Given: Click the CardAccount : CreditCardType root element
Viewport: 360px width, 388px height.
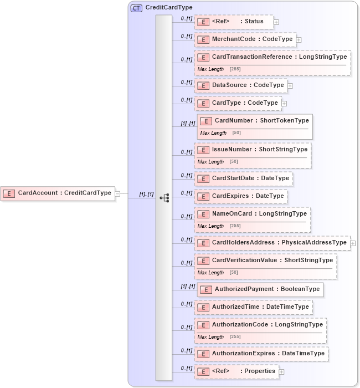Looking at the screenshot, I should coord(58,193).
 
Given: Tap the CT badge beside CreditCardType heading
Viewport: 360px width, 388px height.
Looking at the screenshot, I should coord(136,8).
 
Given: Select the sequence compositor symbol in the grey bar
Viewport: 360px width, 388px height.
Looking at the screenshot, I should coord(164,197).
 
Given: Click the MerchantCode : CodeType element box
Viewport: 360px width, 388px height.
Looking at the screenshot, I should coord(245,39).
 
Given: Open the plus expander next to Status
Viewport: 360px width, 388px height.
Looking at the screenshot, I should coord(276,22).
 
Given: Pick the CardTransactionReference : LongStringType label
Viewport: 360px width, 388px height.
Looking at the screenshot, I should coord(279,57).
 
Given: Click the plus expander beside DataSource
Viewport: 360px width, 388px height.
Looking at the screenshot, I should coord(290,86).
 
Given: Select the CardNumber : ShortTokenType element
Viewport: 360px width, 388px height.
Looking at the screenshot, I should coord(261,120).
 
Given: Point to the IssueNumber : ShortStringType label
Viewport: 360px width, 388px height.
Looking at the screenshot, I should coord(259,149).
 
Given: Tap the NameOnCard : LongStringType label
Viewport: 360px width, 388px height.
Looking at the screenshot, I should coord(259,213).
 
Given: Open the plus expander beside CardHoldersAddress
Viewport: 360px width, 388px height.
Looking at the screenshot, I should coord(353,243).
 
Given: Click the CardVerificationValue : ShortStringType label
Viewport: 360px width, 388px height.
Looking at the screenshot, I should coord(272,260).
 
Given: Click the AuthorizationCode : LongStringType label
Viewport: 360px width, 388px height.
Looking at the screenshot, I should coord(267,324).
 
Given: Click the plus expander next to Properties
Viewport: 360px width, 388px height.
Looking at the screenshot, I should coord(282,371).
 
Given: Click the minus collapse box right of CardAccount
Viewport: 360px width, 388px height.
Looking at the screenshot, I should coord(117,193).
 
